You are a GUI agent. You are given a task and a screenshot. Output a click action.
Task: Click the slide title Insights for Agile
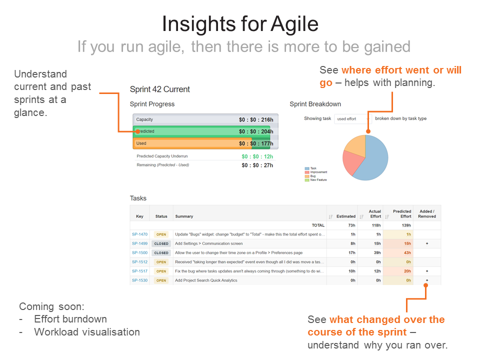click(x=240, y=23)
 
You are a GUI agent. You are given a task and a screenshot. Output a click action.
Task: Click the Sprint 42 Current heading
click(x=159, y=89)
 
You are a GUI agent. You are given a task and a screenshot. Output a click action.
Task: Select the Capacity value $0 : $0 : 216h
click(x=256, y=119)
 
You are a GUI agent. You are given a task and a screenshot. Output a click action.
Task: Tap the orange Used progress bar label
click(x=141, y=143)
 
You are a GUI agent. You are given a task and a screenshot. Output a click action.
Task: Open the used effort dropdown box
click(x=352, y=119)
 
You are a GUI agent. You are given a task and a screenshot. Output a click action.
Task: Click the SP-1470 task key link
click(x=139, y=234)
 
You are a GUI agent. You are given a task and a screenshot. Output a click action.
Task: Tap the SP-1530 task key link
click(x=139, y=280)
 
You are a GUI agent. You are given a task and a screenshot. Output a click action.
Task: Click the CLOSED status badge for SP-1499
click(x=161, y=244)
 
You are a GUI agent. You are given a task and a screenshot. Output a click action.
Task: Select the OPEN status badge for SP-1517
click(x=161, y=271)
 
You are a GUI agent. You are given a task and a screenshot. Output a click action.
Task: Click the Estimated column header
click(x=345, y=216)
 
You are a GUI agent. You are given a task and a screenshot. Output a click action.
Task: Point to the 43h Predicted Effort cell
click(x=407, y=253)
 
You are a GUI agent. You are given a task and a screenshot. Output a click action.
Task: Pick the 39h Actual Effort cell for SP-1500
click(x=378, y=253)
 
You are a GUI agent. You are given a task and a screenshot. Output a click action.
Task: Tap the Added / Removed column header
click(x=426, y=214)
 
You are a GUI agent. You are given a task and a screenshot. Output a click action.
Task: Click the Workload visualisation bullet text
click(x=86, y=332)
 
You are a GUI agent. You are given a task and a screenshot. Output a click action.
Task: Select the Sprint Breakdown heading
click(x=315, y=104)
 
